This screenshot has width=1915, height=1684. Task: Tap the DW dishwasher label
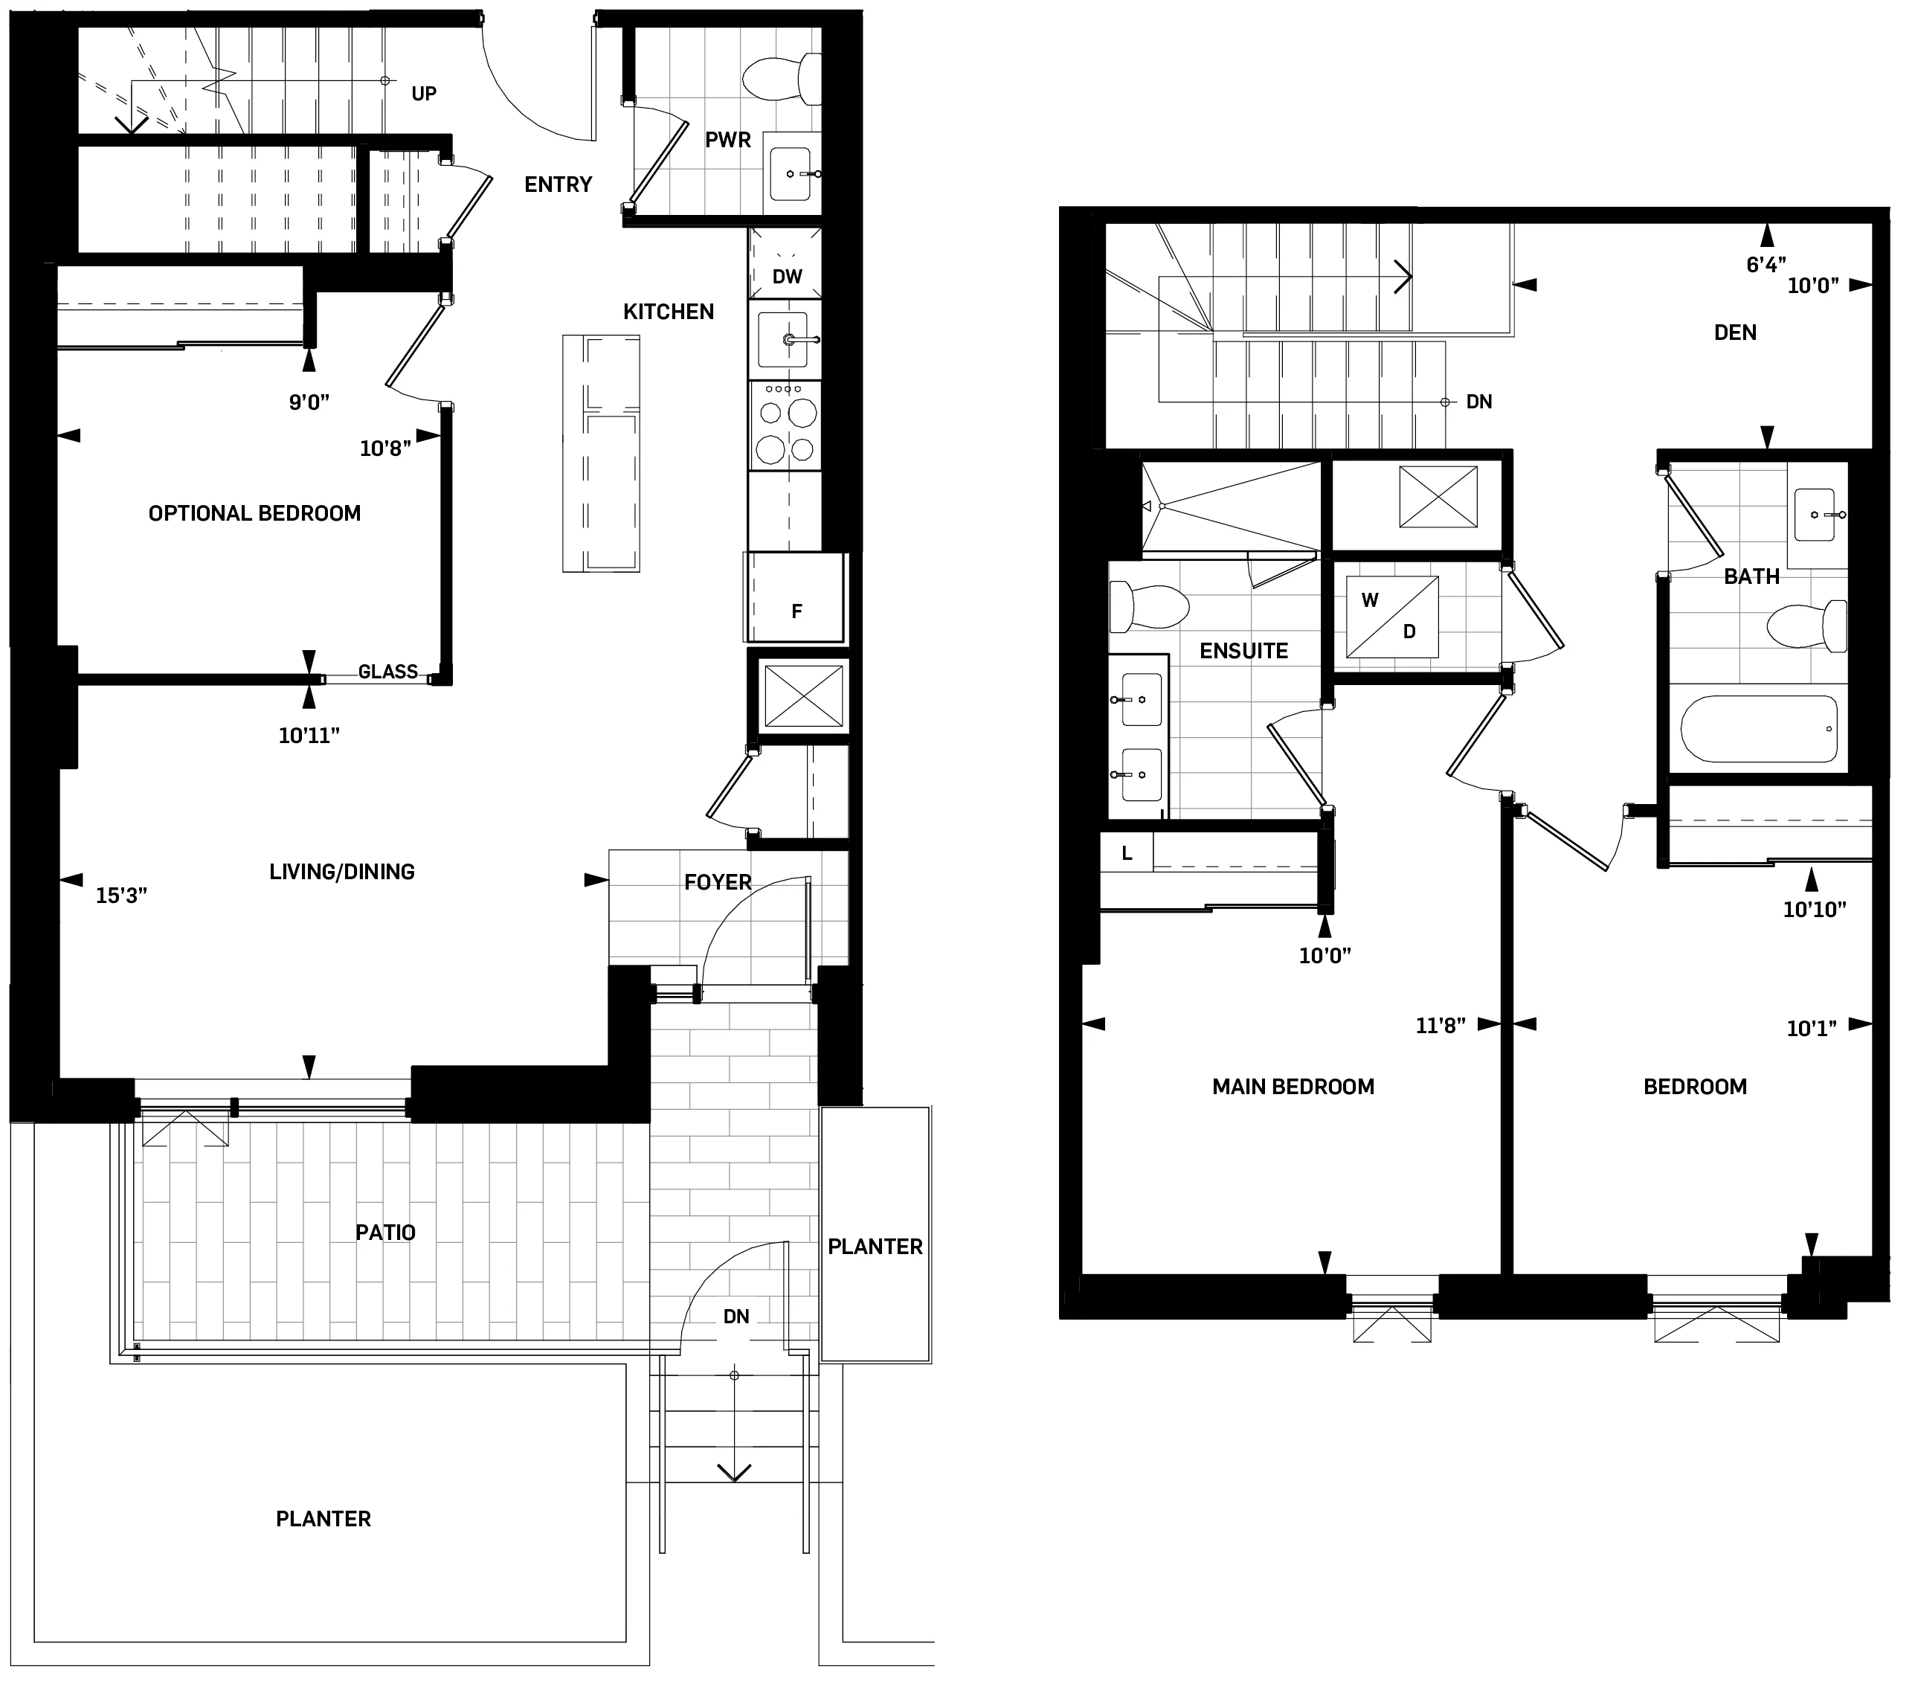(787, 277)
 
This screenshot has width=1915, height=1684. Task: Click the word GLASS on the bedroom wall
(388, 672)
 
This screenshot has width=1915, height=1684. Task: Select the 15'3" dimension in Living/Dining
(122, 896)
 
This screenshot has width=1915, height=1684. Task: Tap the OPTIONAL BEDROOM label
(254, 513)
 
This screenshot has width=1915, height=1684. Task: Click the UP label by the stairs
(423, 94)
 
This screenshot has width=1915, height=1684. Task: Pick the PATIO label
(385, 1233)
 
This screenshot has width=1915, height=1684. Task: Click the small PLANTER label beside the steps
(875, 1247)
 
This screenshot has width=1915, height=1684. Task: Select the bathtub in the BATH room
(1760, 729)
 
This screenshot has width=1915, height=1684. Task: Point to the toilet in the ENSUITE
(1148, 606)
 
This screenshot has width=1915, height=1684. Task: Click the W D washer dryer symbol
(1391, 616)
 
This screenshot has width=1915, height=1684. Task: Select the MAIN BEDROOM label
(1293, 1087)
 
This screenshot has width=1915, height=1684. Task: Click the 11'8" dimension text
(1440, 1026)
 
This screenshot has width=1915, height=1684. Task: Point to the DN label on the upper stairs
(1479, 402)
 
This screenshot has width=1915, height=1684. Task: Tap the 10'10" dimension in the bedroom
(1814, 909)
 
